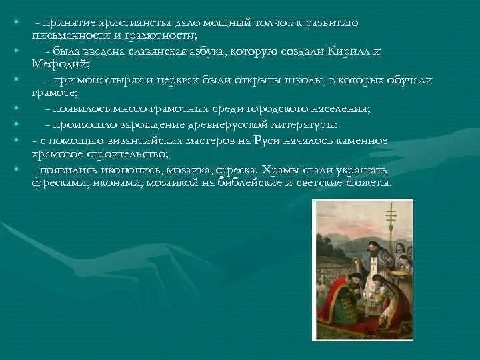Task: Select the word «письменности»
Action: pyautogui.click(x=65, y=35)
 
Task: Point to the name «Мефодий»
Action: pyautogui.click(x=56, y=65)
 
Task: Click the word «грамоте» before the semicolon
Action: pyautogui.click(x=54, y=93)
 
